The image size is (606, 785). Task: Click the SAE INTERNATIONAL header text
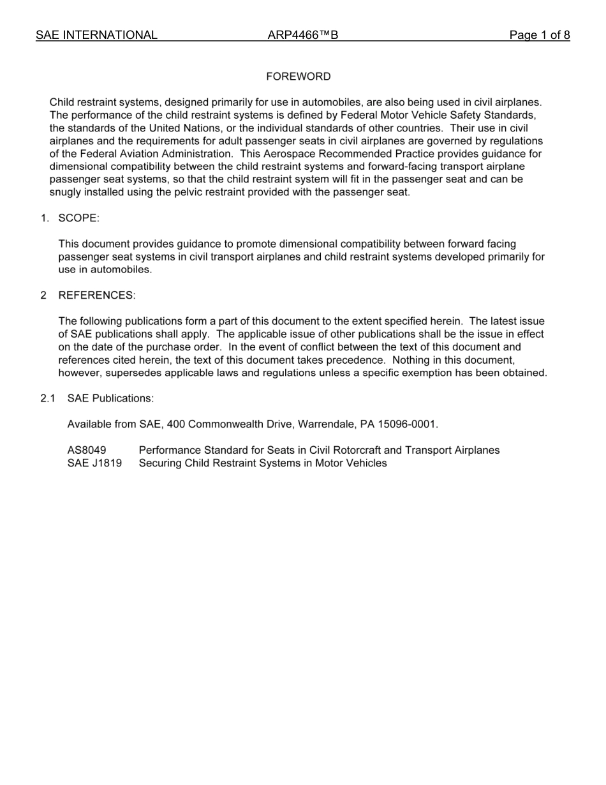[x=96, y=35]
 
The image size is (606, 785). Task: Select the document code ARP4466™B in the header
[x=302, y=35]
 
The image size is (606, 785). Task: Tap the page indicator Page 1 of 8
[x=539, y=35]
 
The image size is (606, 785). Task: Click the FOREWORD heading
[x=299, y=77]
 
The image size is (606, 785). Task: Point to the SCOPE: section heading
[x=78, y=218]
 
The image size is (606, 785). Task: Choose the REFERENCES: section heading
[x=97, y=295]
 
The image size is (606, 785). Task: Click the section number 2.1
[x=48, y=398]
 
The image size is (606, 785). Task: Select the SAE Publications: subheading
[x=110, y=398]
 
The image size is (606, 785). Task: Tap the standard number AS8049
[x=87, y=450]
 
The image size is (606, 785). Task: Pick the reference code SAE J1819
[x=94, y=463]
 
